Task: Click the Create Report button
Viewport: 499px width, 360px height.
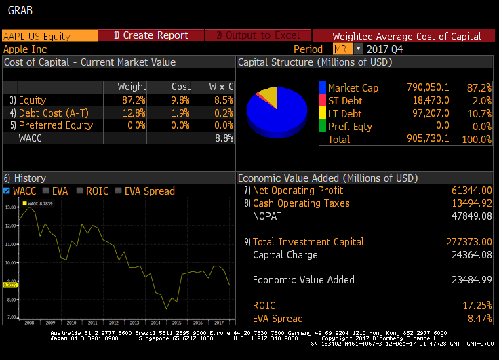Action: (x=151, y=35)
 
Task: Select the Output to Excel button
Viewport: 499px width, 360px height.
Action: (x=258, y=35)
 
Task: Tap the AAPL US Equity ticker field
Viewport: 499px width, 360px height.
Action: (x=49, y=36)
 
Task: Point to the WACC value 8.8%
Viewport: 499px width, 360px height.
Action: (x=223, y=138)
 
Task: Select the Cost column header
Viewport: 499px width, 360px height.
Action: (x=181, y=87)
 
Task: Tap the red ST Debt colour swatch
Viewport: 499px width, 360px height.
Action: (x=323, y=100)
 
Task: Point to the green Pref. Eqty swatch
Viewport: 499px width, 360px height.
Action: (x=323, y=126)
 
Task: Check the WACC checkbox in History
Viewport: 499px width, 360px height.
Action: (x=7, y=191)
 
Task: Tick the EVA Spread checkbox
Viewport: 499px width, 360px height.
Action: (x=119, y=191)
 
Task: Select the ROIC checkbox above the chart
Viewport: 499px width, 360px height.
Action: (x=81, y=191)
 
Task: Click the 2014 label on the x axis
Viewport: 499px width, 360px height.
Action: (x=155, y=323)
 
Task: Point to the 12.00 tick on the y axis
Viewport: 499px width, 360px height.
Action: (x=10, y=226)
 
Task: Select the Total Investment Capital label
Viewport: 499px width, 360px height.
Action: (x=308, y=242)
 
